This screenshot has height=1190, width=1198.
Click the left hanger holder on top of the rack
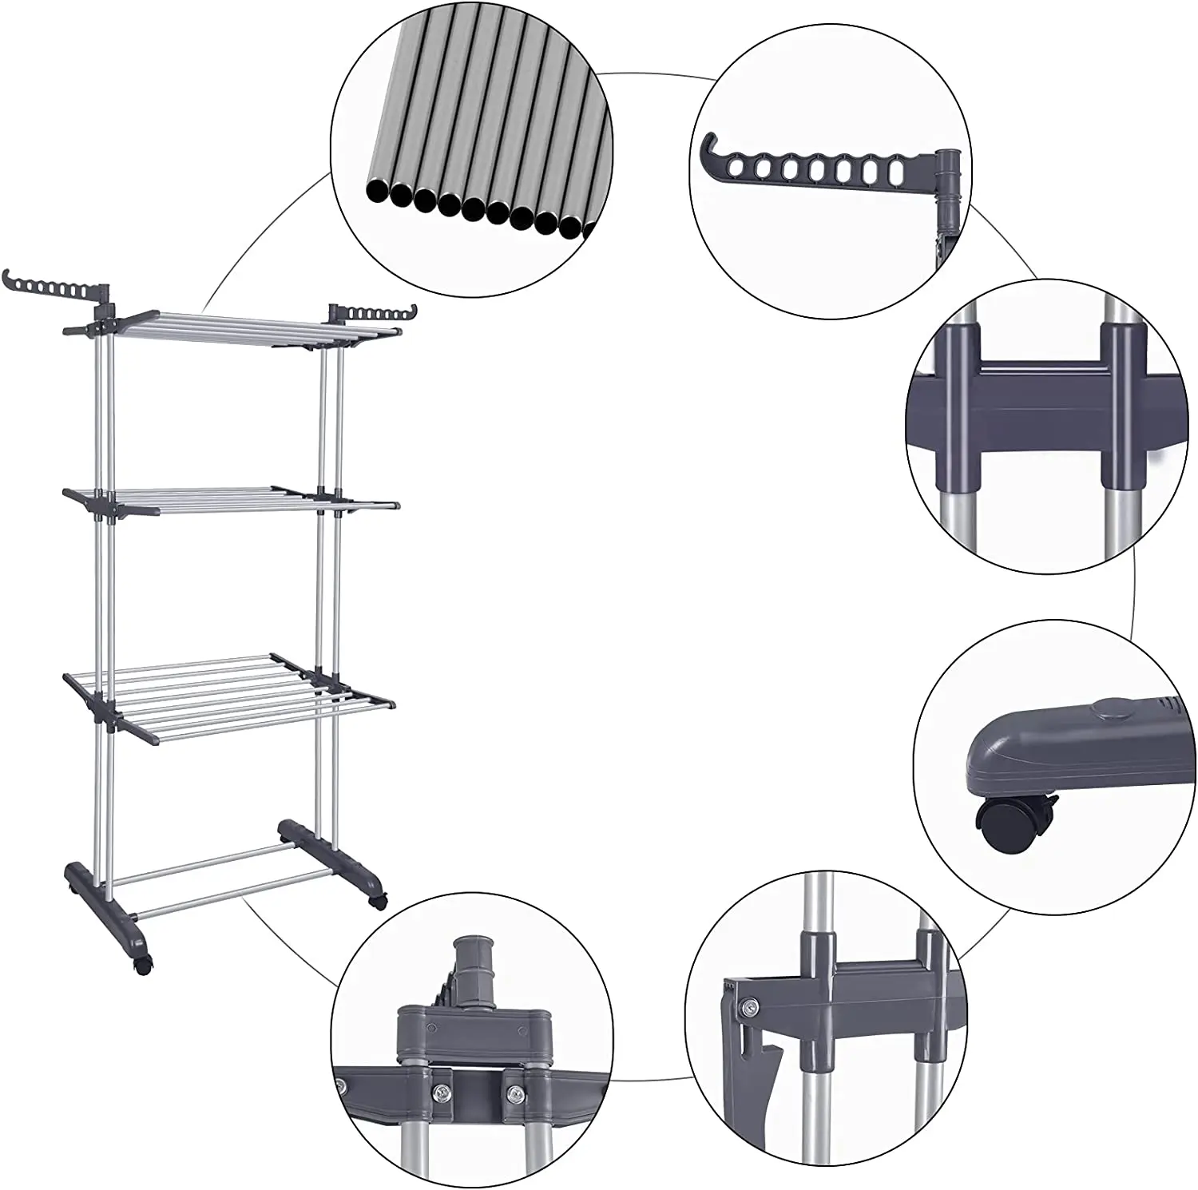[x=50, y=286]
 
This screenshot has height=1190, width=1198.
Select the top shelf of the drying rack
[x=232, y=323]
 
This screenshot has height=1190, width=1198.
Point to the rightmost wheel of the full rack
[x=376, y=902]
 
